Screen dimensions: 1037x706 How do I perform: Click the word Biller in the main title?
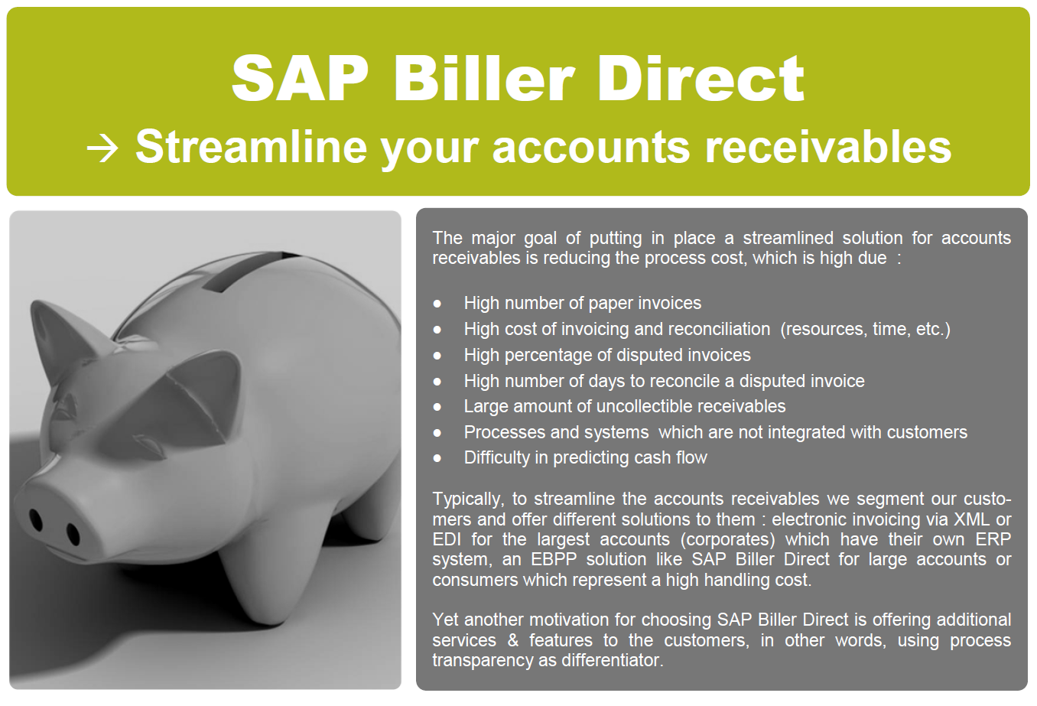point(483,78)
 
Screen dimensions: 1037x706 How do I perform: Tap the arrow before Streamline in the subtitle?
point(102,148)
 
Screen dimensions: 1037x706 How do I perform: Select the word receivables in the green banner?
point(827,147)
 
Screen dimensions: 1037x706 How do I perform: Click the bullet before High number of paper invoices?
point(437,304)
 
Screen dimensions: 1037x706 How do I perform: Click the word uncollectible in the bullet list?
point(649,406)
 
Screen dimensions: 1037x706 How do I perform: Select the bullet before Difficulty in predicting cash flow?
point(437,459)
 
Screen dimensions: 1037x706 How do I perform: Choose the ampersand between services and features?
point(513,640)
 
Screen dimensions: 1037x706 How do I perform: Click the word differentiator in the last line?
point(613,660)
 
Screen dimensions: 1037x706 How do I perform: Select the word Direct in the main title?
point(701,78)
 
